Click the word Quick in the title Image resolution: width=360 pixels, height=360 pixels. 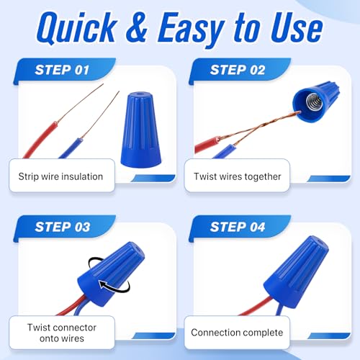(77, 28)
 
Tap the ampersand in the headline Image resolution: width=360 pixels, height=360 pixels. (136, 27)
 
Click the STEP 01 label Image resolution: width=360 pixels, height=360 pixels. (62, 70)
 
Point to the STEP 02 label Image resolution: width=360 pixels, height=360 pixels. (238, 70)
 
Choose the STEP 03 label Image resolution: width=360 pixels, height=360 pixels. (63, 227)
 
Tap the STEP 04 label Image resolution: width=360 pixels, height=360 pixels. (238, 227)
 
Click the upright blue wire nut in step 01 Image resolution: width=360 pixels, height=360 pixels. (140, 130)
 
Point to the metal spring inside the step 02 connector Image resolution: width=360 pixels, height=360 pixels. (314, 102)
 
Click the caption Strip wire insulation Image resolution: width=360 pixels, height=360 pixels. (60, 176)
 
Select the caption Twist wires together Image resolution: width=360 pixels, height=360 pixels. (238, 176)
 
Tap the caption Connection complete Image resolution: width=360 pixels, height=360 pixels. (237, 333)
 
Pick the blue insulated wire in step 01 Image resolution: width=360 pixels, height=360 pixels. (71, 148)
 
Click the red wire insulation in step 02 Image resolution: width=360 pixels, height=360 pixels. (207, 145)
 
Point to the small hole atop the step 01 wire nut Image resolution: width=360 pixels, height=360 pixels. (140, 93)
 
